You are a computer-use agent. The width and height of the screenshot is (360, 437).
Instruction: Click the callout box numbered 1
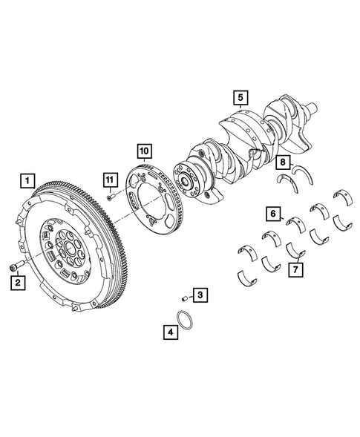[x=27, y=180]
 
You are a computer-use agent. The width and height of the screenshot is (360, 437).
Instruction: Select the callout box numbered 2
[x=16, y=281]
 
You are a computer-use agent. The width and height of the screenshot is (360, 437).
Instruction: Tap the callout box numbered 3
[x=200, y=296]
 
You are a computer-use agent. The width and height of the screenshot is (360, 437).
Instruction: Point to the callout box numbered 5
[x=240, y=97]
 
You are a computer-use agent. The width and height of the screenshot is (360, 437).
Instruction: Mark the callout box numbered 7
[x=295, y=269]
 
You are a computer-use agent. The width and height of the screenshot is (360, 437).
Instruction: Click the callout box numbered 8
[x=282, y=162]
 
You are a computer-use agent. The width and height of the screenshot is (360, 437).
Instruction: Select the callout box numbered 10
[x=143, y=151]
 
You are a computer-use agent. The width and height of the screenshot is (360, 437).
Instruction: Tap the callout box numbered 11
[x=110, y=180]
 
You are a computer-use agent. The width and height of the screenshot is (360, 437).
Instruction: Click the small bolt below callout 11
[x=110, y=197]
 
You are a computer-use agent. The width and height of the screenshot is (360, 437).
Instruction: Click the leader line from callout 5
[x=240, y=108]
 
